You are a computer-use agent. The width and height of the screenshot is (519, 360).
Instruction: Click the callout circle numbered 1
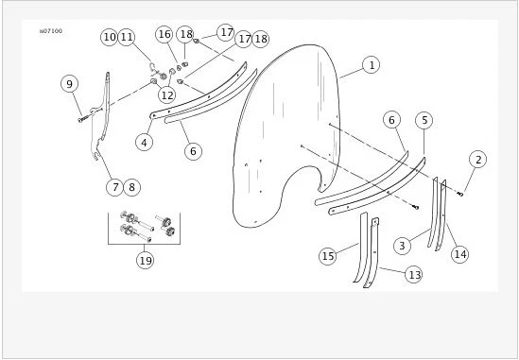coord(372,65)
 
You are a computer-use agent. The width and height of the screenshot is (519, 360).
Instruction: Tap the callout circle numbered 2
coord(478,160)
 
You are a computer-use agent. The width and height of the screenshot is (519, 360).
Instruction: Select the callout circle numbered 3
coord(402,246)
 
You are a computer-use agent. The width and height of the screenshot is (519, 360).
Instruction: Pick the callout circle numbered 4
coord(144,143)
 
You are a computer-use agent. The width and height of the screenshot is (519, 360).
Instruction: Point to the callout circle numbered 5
coord(424,120)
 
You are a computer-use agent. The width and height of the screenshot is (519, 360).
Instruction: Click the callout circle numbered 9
coord(69,84)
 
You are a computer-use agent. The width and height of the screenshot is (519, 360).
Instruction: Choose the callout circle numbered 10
coord(110,37)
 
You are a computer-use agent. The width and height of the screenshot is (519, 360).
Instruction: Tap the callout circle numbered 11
coord(127,37)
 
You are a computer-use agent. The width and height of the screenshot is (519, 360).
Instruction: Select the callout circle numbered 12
coord(166,94)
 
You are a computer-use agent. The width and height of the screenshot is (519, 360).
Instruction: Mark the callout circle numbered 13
coord(413,274)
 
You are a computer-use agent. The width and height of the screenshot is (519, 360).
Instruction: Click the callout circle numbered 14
coord(460,253)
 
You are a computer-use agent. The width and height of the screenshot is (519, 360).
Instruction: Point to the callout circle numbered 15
coord(328,255)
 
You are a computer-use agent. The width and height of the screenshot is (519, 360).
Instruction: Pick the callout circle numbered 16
coord(164,34)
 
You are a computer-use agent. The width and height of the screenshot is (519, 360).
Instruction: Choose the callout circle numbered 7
coord(114,187)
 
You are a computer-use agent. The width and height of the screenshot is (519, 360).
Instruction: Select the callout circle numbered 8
coord(131,187)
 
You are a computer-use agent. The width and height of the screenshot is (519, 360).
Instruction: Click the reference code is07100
coord(51,31)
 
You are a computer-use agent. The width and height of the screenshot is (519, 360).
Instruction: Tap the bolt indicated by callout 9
coord(82,117)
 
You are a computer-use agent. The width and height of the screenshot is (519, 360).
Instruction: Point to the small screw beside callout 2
coord(460,194)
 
